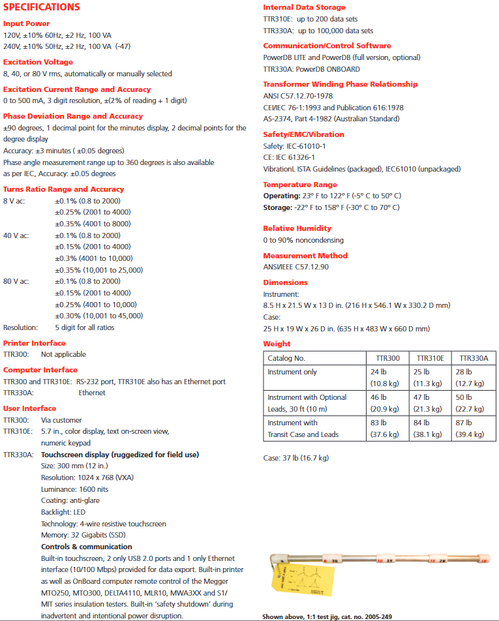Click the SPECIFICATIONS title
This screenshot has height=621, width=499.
click(42, 7)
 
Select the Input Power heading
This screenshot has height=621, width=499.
click(26, 23)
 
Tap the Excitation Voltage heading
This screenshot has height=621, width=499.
click(38, 62)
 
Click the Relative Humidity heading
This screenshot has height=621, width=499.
click(297, 228)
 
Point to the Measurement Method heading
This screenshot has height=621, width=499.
click(305, 256)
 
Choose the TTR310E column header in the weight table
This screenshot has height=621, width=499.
click(430, 358)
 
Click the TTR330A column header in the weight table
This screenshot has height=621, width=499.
click(474, 358)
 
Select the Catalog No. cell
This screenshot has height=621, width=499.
click(286, 358)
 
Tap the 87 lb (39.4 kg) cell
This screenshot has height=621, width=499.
click(474, 429)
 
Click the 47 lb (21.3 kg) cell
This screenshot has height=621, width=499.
click(430, 402)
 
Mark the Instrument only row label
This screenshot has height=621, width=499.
click(292, 372)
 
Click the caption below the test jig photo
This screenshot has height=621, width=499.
click(327, 616)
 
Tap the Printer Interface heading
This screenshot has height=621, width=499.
click(35, 343)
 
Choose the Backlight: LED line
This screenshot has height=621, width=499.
click(63, 512)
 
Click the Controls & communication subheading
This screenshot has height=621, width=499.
click(86, 547)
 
